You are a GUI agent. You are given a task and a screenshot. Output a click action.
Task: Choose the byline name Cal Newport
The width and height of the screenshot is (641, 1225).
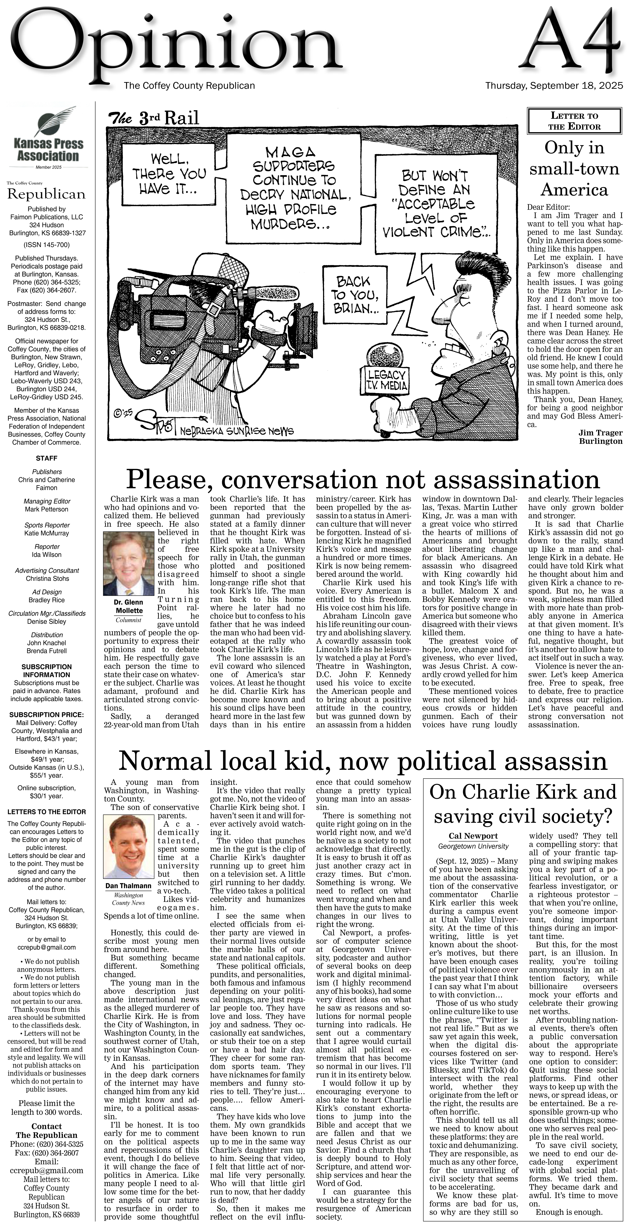[473, 836]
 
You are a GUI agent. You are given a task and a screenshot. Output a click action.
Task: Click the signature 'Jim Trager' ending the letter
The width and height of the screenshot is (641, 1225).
[600, 433]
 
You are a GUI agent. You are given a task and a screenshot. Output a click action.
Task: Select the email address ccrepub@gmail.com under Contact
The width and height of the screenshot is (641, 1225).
[47, 1170]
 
